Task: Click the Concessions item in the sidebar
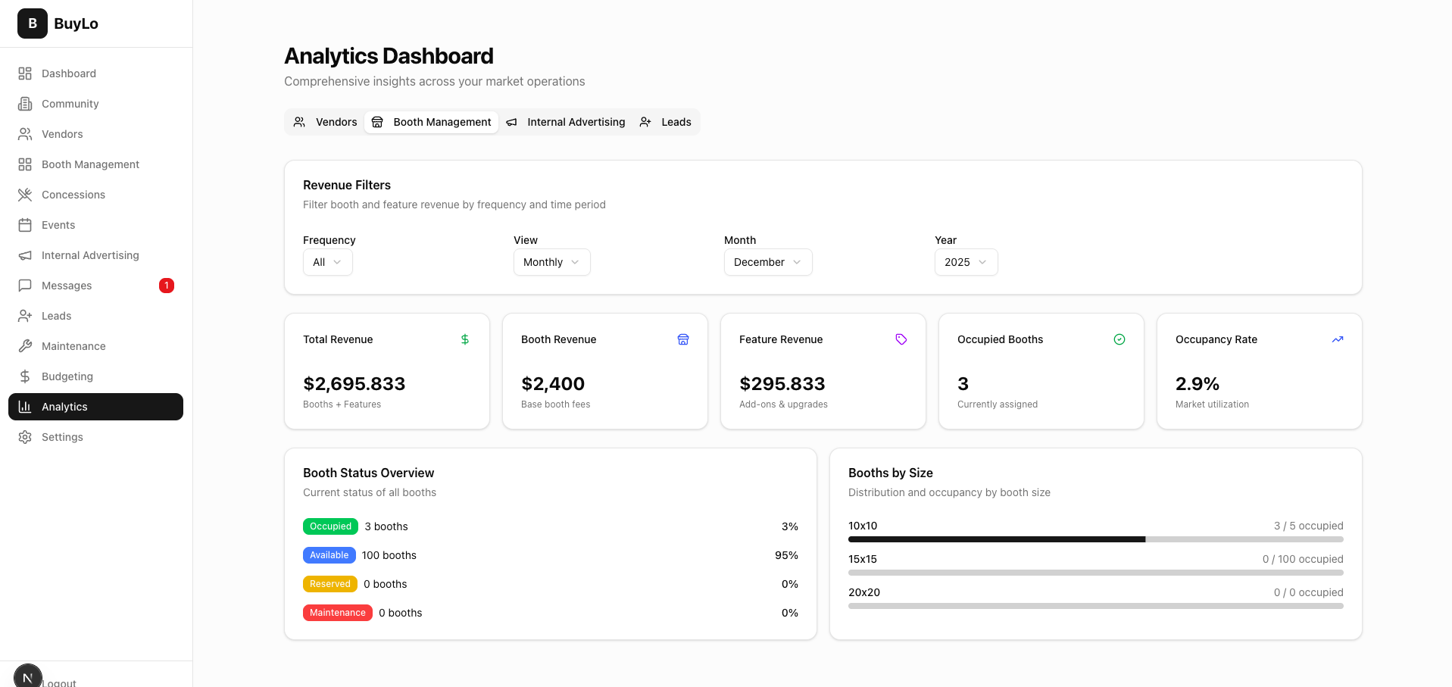click(x=73, y=195)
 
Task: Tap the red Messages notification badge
click(x=166, y=286)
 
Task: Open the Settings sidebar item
click(x=62, y=437)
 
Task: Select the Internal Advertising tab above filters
click(x=566, y=122)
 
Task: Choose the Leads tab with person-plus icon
click(x=666, y=122)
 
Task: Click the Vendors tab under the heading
click(x=326, y=122)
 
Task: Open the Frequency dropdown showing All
click(x=327, y=262)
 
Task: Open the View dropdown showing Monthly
click(x=551, y=262)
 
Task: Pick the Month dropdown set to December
click(x=767, y=262)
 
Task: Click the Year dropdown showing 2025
click(x=966, y=262)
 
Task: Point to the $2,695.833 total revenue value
click(x=354, y=384)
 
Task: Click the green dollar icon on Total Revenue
click(x=465, y=339)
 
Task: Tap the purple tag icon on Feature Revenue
click(x=901, y=339)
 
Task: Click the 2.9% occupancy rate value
click(x=1197, y=384)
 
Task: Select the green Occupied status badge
click(x=330, y=526)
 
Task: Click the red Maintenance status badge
click(x=337, y=613)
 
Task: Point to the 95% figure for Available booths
click(x=786, y=555)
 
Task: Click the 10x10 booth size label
click(x=863, y=526)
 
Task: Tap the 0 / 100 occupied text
click(x=1302, y=559)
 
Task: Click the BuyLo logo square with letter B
click(x=33, y=23)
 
